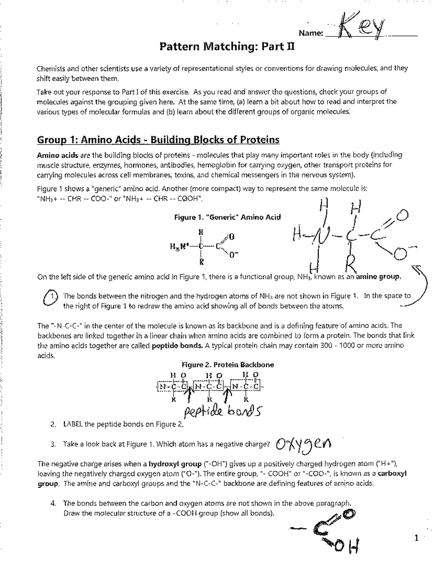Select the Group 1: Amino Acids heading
pyautogui.click(x=158, y=140)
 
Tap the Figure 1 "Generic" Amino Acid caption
pyautogui.click(x=227, y=217)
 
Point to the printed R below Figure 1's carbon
pyautogui.click(x=201, y=262)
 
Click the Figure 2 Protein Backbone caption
pyautogui.click(x=227, y=365)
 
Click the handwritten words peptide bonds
pyautogui.click(x=221, y=411)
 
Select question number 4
pyautogui.click(x=54, y=504)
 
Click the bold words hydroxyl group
pyautogui.click(x=175, y=464)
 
